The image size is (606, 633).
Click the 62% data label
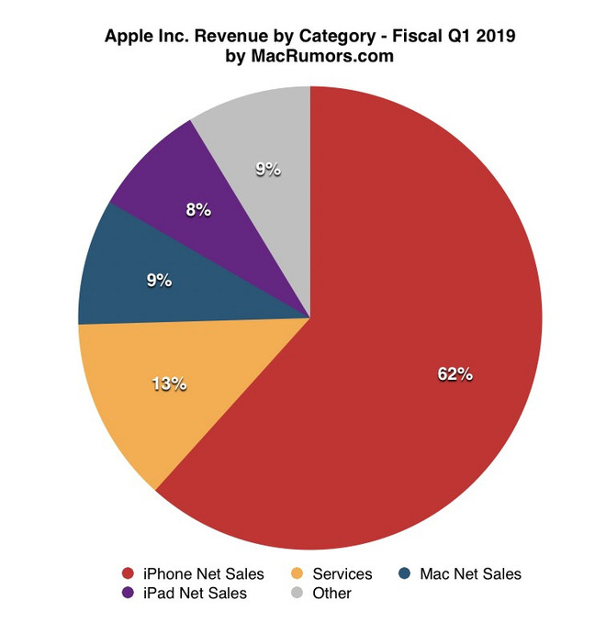[x=454, y=373]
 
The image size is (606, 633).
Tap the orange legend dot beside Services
[x=297, y=574]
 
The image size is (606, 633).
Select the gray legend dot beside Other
[x=297, y=594]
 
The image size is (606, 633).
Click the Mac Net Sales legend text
[x=470, y=574]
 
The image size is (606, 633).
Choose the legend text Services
[x=342, y=574]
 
